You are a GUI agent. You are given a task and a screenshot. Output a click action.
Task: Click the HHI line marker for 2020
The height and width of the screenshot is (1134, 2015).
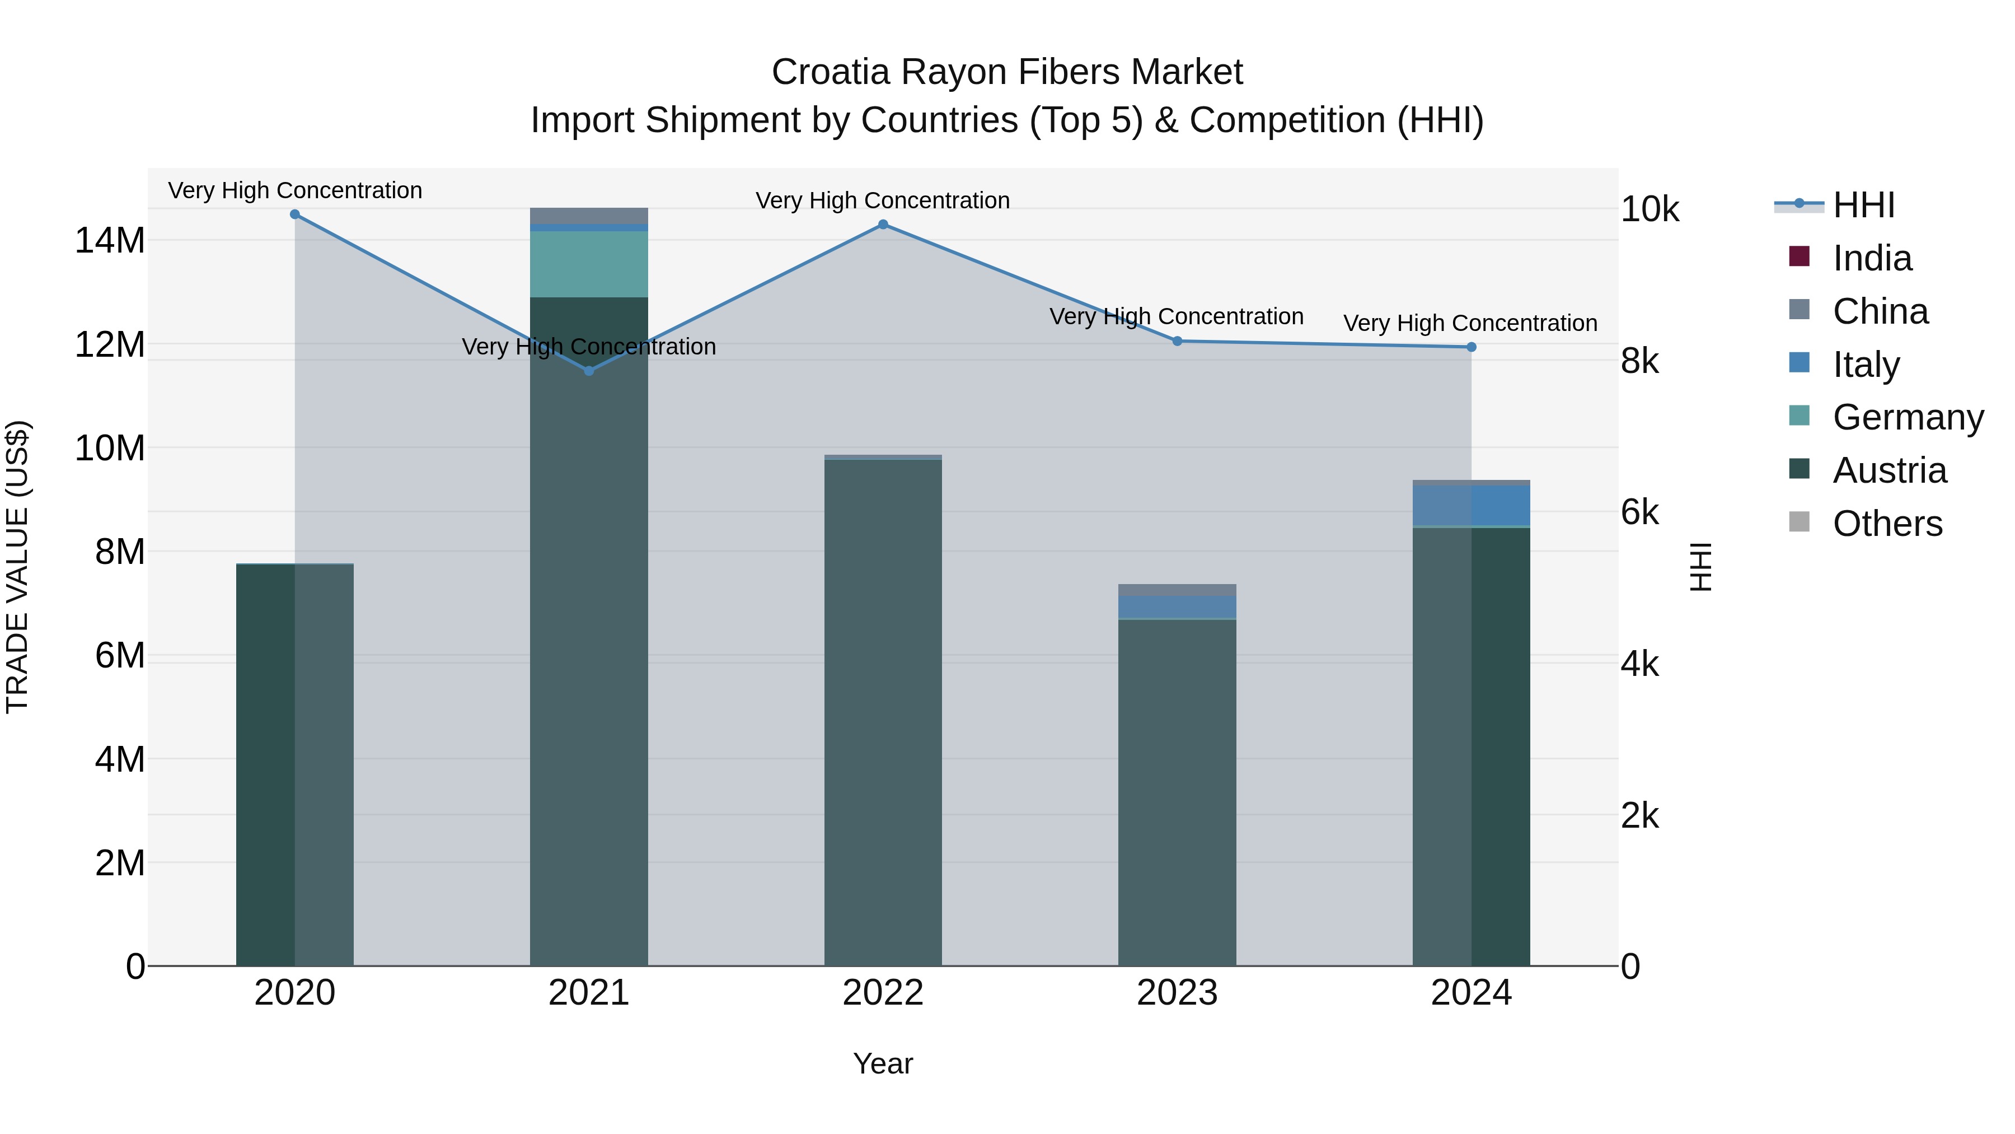point(295,214)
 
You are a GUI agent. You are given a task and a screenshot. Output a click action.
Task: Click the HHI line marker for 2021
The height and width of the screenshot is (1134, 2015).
point(589,371)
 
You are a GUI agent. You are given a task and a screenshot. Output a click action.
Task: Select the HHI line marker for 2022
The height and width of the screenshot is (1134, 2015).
point(883,225)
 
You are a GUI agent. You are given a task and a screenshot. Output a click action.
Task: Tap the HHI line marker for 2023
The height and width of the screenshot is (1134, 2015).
point(1177,341)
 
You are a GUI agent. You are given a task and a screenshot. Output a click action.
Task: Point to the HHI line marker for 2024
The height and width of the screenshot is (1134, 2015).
point(1472,347)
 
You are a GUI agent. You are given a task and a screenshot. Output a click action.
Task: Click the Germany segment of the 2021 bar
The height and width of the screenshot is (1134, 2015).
point(589,264)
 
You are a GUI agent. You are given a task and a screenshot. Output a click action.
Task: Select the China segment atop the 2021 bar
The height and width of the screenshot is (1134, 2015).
point(589,215)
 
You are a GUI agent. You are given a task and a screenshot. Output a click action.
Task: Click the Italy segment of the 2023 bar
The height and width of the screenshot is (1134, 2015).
point(1177,607)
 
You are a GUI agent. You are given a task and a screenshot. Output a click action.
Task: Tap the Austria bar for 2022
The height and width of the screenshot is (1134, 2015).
point(883,712)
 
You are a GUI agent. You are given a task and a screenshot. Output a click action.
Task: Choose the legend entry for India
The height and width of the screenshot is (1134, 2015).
point(1872,258)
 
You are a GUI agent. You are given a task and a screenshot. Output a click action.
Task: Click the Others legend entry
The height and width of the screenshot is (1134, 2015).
point(1887,524)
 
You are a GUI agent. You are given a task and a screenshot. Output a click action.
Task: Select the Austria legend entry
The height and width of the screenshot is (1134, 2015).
point(1889,470)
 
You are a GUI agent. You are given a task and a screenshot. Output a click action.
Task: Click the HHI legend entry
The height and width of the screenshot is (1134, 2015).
point(1863,205)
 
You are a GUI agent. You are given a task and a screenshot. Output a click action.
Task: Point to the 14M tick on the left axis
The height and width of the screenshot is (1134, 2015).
point(110,240)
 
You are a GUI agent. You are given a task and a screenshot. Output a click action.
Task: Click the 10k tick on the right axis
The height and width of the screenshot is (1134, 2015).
point(1650,210)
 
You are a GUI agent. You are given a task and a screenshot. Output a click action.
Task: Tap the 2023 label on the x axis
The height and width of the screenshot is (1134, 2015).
point(1177,993)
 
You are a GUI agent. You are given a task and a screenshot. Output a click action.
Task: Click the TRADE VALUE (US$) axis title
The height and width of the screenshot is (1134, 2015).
point(18,567)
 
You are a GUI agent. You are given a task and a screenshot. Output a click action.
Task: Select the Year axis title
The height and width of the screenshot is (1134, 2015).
point(883,1063)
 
